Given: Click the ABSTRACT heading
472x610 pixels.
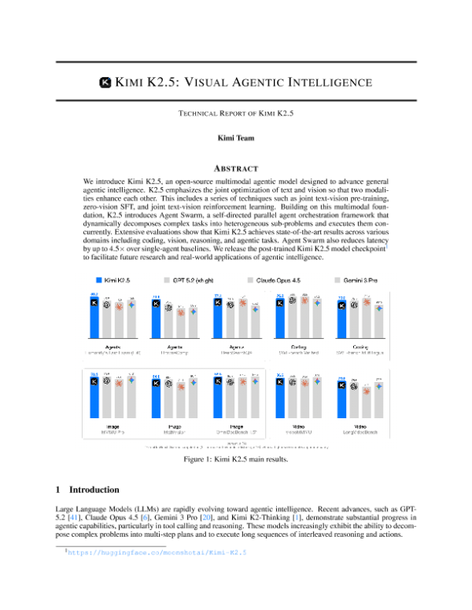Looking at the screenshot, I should [235, 166].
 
